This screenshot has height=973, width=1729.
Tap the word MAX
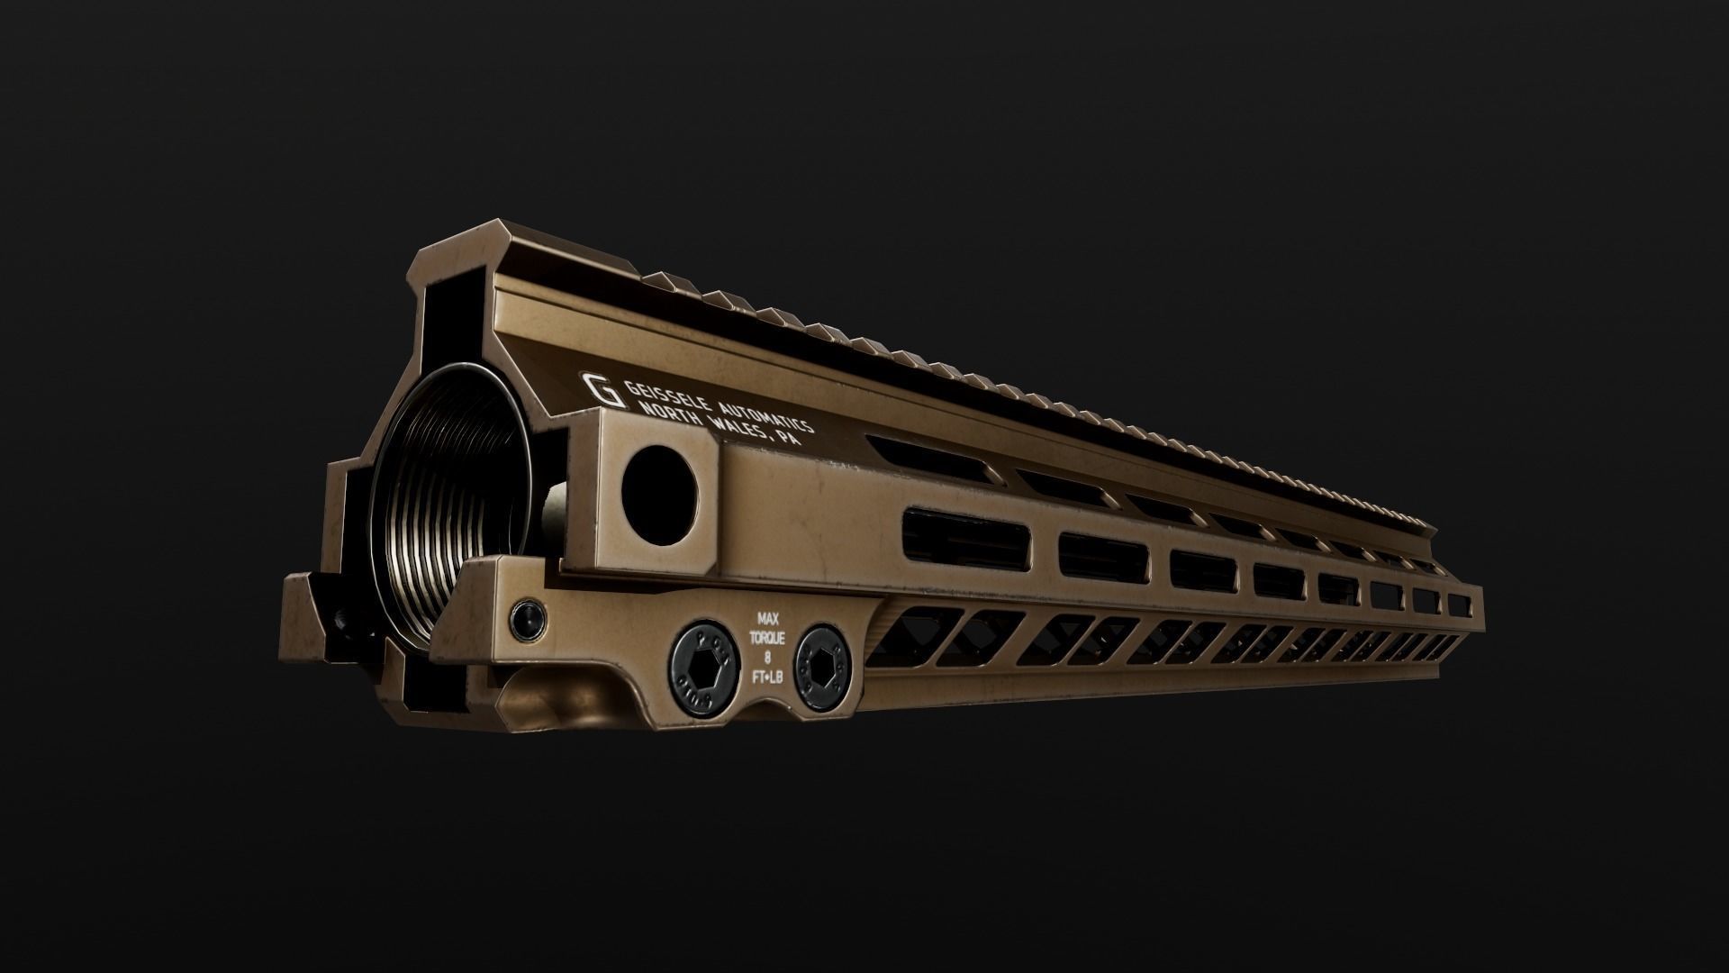[767, 619]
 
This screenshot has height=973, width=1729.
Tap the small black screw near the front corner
[527, 618]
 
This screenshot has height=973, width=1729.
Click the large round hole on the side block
[660, 492]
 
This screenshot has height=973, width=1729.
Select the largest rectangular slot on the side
[964, 539]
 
